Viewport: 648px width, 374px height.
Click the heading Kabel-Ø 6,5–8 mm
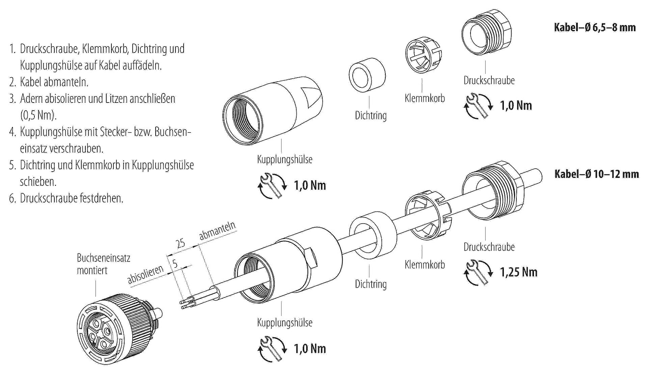(x=595, y=27)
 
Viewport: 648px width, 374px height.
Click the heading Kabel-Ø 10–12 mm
(x=596, y=174)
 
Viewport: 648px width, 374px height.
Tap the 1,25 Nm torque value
(x=518, y=272)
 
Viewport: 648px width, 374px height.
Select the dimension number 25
(x=181, y=243)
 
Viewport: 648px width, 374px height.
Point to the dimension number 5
(x=175, y=263)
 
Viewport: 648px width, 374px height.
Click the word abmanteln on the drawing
(x=217, y=231)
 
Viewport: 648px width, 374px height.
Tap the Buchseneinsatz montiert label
(x=103, y=264)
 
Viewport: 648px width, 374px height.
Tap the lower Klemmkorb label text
(x=425, y=265)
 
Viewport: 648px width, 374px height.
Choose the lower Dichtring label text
(x=371, y=284)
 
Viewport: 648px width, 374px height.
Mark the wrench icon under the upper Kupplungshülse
(x=272, y=185)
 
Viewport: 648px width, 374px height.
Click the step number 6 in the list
(x=12, y=198)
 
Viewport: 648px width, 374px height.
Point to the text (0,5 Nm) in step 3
(x=38, y=115)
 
